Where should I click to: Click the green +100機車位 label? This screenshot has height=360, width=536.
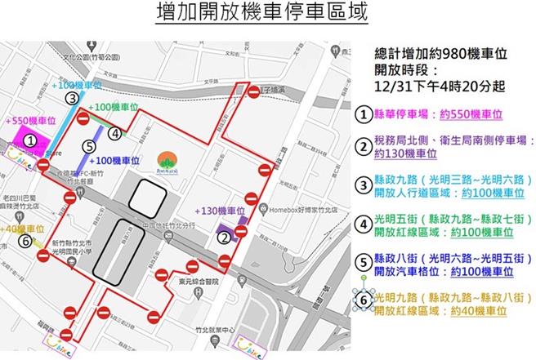coord(115,107)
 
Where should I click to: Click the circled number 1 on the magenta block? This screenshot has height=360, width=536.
coord(29,140)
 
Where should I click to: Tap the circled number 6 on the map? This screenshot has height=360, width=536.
coord(26,242)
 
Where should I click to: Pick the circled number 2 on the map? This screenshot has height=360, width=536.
coord(224,238)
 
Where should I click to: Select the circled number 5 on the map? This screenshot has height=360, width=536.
coord(88,147)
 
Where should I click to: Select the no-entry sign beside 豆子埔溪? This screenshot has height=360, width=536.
coord(253,93)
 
